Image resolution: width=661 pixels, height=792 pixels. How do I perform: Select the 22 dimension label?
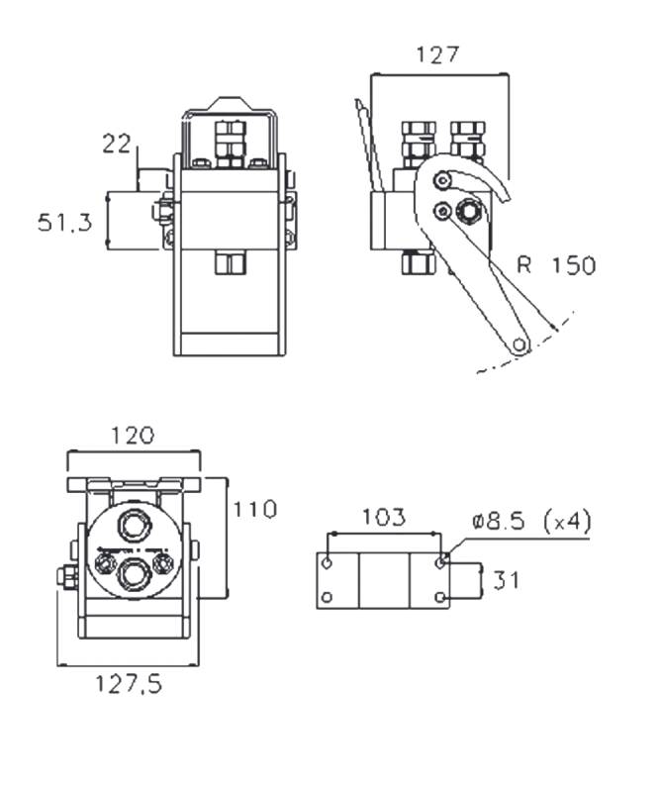pyautogui.click(x=117, y=144)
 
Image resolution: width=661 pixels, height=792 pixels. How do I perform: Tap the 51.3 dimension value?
pyautogui.click(x=65, y=223)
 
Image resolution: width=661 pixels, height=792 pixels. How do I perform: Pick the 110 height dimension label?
pyautogui.click(x=254, y=509)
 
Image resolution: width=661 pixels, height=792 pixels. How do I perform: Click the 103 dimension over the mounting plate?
pyautogui.click(x=383, y=516)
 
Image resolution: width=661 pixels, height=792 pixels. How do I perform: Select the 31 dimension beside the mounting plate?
pyautogui.click(x=506, y=580)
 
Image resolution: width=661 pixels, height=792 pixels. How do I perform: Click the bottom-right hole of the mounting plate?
pyautogui.click(x=441, y=597)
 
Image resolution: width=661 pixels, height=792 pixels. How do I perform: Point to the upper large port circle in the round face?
pyautogui.click(x=133, y=524)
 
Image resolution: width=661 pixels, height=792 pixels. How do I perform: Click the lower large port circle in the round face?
pyautogui.click(x=133, y=573)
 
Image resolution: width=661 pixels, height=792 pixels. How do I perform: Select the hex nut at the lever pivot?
pyautogui.click(x=469, y=210)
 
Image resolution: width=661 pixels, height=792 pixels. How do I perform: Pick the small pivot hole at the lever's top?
pyautogui.click(x=443, y=179)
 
